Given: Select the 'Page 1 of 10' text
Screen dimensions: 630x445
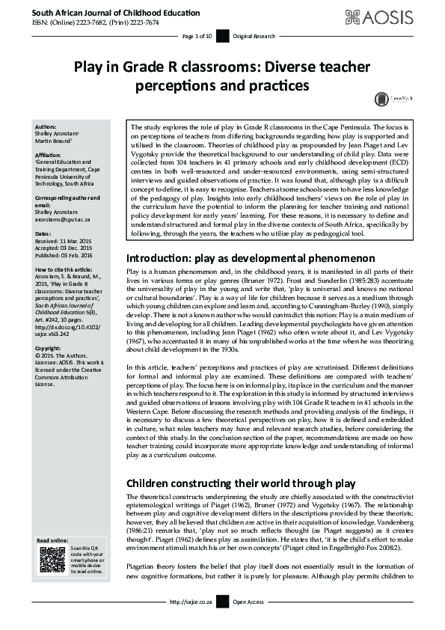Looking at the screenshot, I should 197,36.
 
